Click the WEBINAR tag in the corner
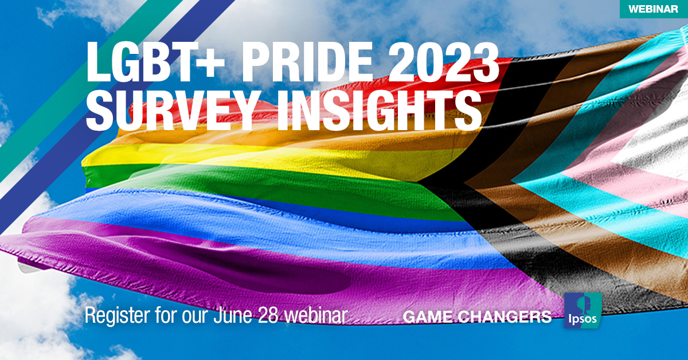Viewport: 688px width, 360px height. [x=654, y=9]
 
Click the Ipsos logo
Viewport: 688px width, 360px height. [x=583, y=311]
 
